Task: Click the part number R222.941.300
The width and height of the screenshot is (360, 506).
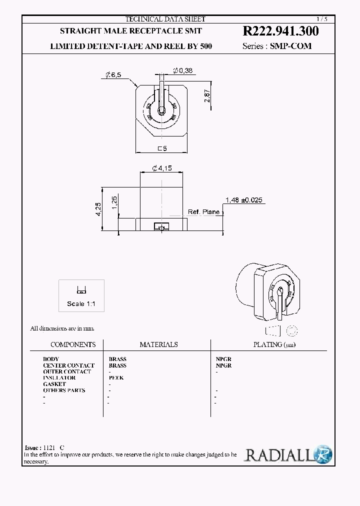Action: coord(280,31)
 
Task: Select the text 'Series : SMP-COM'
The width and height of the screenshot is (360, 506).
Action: coord(276,46)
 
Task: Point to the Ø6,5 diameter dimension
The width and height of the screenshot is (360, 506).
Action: coord(112,74)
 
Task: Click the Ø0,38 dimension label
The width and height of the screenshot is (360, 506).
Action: coord(182,70)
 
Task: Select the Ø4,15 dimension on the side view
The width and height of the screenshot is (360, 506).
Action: coord(161,168)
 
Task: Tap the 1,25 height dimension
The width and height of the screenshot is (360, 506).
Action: coord(114,202)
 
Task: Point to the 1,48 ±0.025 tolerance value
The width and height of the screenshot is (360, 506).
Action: coord(243,200)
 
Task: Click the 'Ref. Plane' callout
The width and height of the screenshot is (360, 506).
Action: coord(204,212)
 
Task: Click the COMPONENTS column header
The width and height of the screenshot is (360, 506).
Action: coord(73,344)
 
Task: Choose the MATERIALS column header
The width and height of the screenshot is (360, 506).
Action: coord(158,344)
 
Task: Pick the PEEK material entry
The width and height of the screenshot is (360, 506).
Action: coord(116,377)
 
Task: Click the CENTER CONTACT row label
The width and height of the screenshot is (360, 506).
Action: coord(68,365)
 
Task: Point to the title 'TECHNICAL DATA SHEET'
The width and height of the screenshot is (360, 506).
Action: coord(165,19)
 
